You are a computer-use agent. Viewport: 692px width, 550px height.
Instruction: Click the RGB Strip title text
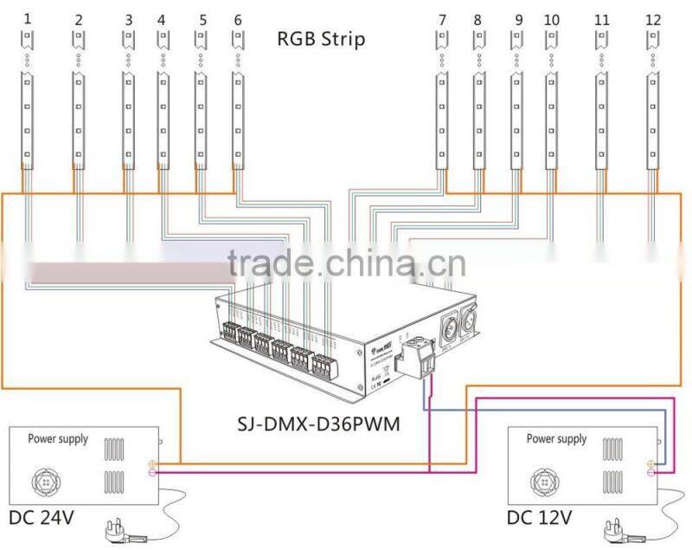pos(321,39)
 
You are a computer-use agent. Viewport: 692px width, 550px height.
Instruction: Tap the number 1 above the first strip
pos(27,18)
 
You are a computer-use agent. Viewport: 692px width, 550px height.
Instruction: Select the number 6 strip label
pos(238,19)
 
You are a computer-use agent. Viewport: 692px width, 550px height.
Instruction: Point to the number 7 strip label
pos(442,19)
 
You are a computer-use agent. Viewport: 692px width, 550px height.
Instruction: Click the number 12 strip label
pos(653,19)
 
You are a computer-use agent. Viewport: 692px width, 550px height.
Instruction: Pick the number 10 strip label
pos(551,19)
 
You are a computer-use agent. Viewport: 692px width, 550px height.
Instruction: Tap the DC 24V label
pos(42,519)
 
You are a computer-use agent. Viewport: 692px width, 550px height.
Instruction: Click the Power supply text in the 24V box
pos(59,439)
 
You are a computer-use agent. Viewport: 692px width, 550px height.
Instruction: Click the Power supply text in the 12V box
pos(557,439)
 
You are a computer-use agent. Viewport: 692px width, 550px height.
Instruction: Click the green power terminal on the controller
pos(415,358)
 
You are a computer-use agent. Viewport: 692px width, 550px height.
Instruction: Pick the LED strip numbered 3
pos(128,120)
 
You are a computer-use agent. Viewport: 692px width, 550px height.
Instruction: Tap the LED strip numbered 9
pos(516,120)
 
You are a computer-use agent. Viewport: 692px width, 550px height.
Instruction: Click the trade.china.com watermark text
pos(346,262)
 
